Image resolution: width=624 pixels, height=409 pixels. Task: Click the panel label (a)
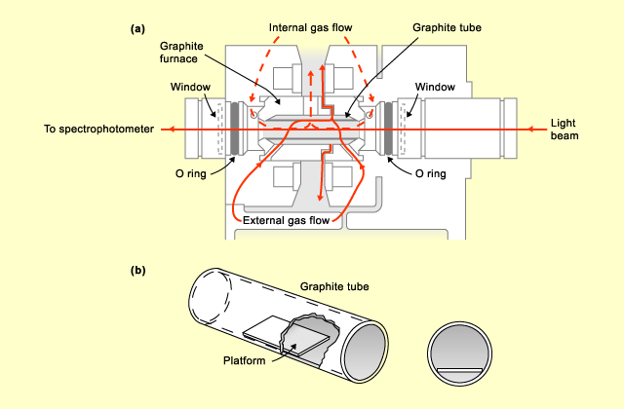(137, 29)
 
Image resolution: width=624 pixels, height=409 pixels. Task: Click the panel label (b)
(137, 271)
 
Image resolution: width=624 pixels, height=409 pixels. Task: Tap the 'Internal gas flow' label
(310, 28)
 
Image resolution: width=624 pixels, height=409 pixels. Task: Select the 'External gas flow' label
(286, 221)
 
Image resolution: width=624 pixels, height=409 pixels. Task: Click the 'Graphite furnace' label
(181, 53)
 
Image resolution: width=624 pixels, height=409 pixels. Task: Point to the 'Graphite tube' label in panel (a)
(447, 28)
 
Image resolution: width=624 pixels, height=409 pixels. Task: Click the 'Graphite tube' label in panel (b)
(334, 286)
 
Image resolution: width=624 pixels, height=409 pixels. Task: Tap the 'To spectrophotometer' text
(98, 130)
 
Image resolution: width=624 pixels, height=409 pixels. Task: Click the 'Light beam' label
(565, 130)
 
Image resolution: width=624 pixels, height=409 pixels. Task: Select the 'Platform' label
(244, 361)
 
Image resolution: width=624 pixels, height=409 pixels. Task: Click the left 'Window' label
(190, 87)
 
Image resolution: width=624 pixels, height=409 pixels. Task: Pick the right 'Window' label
(435, 87)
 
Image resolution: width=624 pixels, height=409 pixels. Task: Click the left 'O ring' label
(191, 173)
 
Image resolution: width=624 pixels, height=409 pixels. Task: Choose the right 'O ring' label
(431, 173)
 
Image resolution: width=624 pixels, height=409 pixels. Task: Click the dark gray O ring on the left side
(234, 129)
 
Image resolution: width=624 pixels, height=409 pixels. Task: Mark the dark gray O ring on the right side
(389, 129)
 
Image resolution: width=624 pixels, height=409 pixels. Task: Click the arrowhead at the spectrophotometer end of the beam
(172, 130)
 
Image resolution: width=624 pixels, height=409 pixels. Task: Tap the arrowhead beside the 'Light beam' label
(530, 130)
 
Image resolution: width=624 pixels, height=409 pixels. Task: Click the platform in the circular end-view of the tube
(459, 371)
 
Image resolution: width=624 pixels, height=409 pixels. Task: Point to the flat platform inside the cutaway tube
(287, 334)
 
